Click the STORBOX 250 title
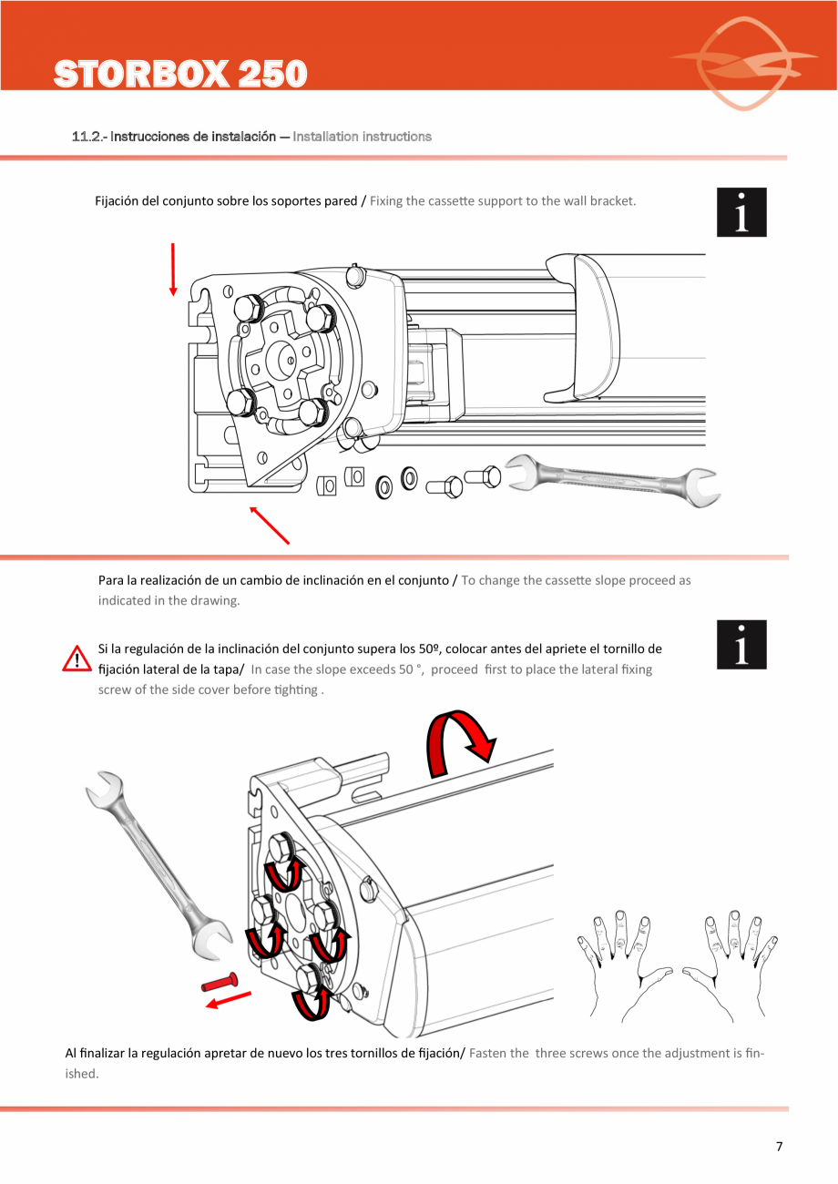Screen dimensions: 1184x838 point(179,74)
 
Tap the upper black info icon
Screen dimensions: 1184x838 point(741,212)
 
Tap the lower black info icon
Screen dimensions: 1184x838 point(741,645)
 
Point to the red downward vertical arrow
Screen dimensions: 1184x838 point(172,270)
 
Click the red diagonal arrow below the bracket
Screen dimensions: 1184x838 point(270,526)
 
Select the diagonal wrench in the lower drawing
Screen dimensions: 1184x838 point(158,865)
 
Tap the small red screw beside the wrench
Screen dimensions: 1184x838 point(220,983)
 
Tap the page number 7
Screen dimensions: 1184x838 point(779,1147)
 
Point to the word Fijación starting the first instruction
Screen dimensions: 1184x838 point(118,200)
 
